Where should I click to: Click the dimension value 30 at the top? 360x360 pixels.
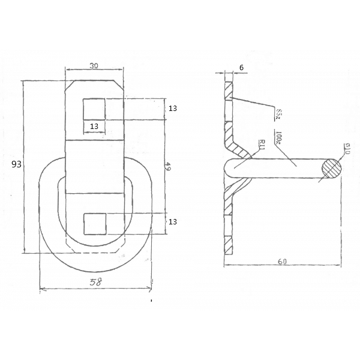click(94, 67)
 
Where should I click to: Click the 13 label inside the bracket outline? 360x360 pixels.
click(94, 126)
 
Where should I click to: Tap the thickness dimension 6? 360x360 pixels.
click(241, 68)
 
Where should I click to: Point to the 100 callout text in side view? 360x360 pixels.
click(278, 138)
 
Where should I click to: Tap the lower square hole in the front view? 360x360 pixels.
click(94, 223)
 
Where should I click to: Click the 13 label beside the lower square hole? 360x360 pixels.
click(173, 222)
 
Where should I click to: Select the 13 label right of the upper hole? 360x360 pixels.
click(173, 109)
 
